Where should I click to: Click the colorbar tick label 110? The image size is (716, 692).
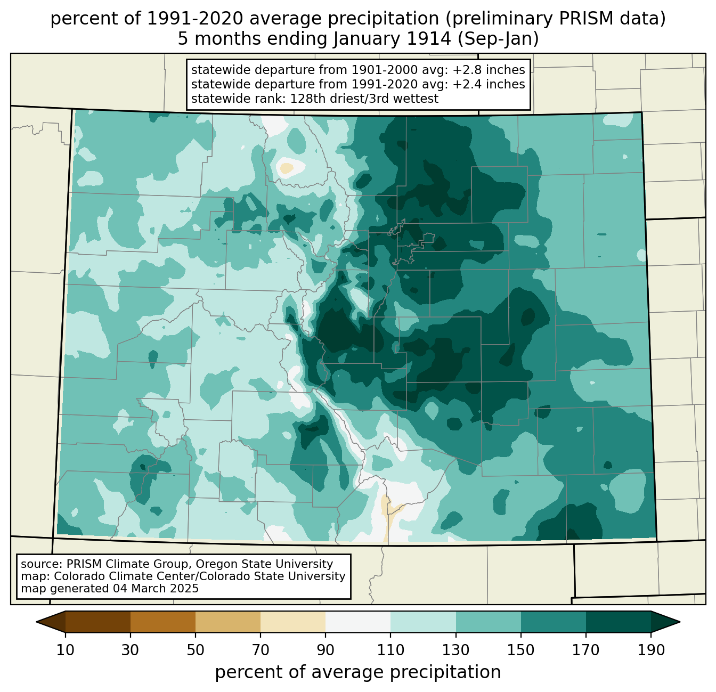[390, 650]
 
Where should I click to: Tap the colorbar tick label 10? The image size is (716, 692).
[65, 650]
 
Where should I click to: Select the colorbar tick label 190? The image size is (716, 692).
[651, 650]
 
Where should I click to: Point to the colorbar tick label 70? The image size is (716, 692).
[261, 650]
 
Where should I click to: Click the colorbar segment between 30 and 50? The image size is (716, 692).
[162, 622]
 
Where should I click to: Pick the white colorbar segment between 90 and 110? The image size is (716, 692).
[358, 622]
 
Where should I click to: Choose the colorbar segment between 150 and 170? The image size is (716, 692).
[554, 622]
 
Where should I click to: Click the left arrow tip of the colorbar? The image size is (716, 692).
[36, 622]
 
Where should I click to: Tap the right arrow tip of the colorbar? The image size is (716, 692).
[680, 622]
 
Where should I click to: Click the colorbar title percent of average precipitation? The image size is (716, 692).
[358, 672]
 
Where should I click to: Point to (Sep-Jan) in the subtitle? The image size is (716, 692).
[498, 39]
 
